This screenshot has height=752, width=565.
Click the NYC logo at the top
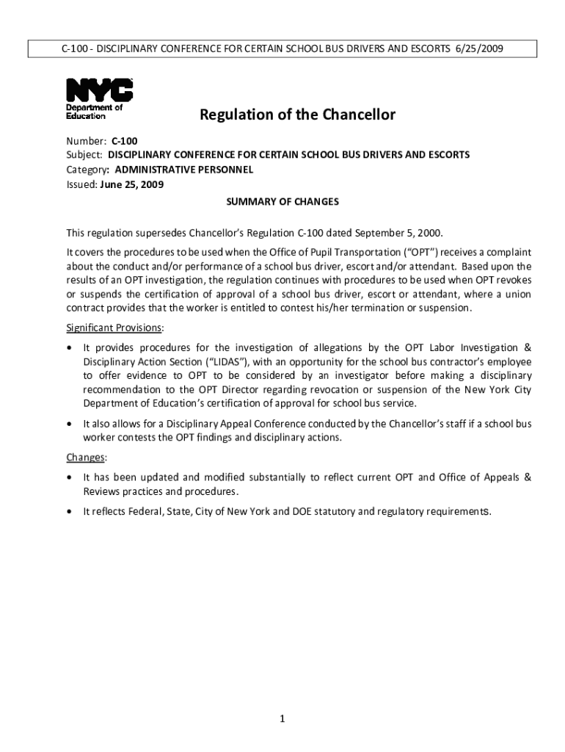tap(100, 90)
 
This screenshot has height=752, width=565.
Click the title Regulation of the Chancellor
tap(298, 115)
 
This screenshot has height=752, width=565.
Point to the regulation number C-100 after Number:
tap(125, 140)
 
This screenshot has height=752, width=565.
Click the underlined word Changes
tap(87, 458)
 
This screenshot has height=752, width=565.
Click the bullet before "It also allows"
tap(70, 424)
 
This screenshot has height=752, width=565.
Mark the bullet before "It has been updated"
tap(70, 478)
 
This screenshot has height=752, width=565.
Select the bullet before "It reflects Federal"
tap(70, 512)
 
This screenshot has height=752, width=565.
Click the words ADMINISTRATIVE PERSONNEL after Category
tap(184, 170)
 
